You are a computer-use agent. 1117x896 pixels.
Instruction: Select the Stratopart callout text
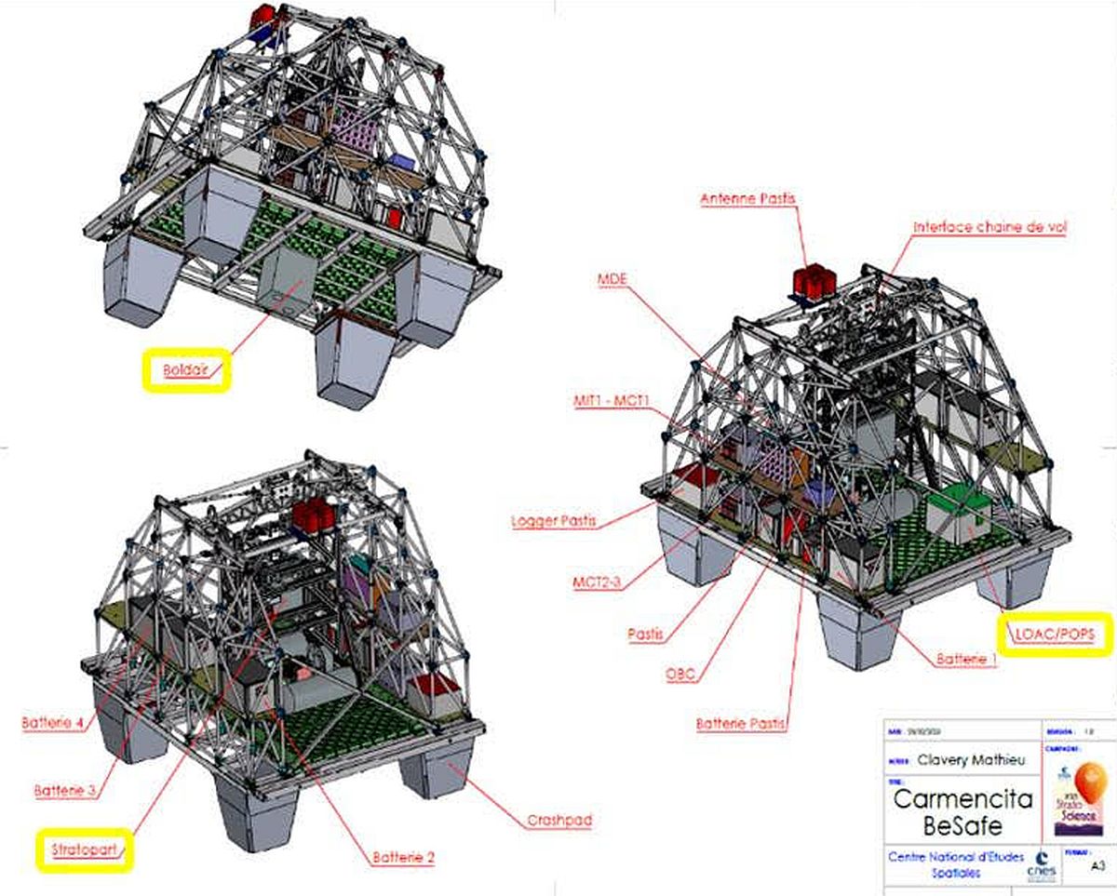coord(85,849)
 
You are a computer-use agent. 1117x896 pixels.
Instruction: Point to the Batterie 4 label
coord(57,722)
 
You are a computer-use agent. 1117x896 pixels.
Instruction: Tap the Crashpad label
coord(559,820)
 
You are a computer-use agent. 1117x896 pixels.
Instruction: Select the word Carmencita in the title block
coord(962,797)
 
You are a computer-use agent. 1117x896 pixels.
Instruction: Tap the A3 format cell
coord(1097,863)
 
